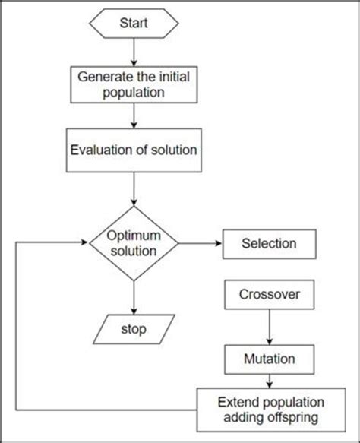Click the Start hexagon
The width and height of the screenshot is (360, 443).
pyautogui.click(x=134, y=25)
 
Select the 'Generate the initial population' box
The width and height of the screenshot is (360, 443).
pyautogui.click(x=134, y=85)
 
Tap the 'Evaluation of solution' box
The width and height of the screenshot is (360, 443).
pyautogui.click(x=134, y=150)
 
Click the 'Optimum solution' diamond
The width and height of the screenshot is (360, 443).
pyautogui.click(x=134, y=243)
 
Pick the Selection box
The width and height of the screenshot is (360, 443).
pyautogui.click(x=267, y=244)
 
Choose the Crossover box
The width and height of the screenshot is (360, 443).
pyautogui.click(x=267, y=293)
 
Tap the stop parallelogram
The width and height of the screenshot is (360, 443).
pyautogui.click(x=134, y=330)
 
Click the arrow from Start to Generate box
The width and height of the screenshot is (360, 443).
pyautogui.click(x=134, y=52)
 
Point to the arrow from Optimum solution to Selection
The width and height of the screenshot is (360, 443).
pyautogui.click(x=199, y=244)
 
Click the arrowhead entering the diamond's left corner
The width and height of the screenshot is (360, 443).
pyautogui.click(x=84, y=244)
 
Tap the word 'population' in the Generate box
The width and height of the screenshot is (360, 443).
pyautogui.click(x=134, y=93)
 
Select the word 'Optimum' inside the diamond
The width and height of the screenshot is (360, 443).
pyautogui.click(x=134, y=235)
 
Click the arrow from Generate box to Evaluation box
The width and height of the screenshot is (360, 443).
pyautogui.click(x=134, y=116)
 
